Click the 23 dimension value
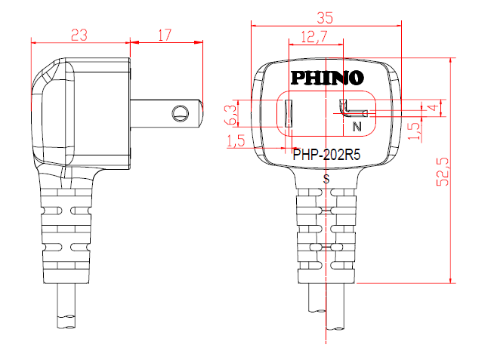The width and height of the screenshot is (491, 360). click(x=79, y=35)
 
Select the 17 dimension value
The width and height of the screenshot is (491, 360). click(x=165, y=35)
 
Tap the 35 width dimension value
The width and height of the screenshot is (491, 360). click(x=325, y=18)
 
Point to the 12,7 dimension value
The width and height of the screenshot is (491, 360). click(x=314, y=36)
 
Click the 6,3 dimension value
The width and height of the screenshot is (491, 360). click(x=230, y=115)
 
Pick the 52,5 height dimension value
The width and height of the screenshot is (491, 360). click(x=443, y=172)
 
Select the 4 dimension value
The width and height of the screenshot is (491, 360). click(x=433, y=107)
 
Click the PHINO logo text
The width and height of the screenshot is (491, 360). click(x=327, y=78)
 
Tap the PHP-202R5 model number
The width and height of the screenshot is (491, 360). click(x=326, y=155)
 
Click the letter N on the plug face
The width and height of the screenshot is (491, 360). click(x=357, y=127)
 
